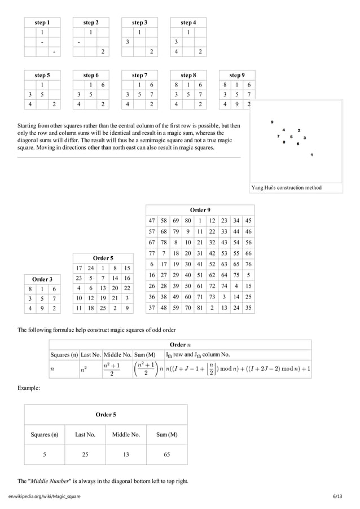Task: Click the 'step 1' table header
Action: click(42, 23)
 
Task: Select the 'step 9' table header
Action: click(236, 74)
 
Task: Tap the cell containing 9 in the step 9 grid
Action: click(236, 104)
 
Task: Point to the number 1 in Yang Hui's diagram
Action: click(312, 155)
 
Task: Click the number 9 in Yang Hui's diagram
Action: click(272, 122)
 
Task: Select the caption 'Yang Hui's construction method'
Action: click(287, 187)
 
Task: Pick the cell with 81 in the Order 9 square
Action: click(199, 308)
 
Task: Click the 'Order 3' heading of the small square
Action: click(42, 279)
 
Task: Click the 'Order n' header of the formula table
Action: click(180, 344)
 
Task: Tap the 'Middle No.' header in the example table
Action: click(126, 435)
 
